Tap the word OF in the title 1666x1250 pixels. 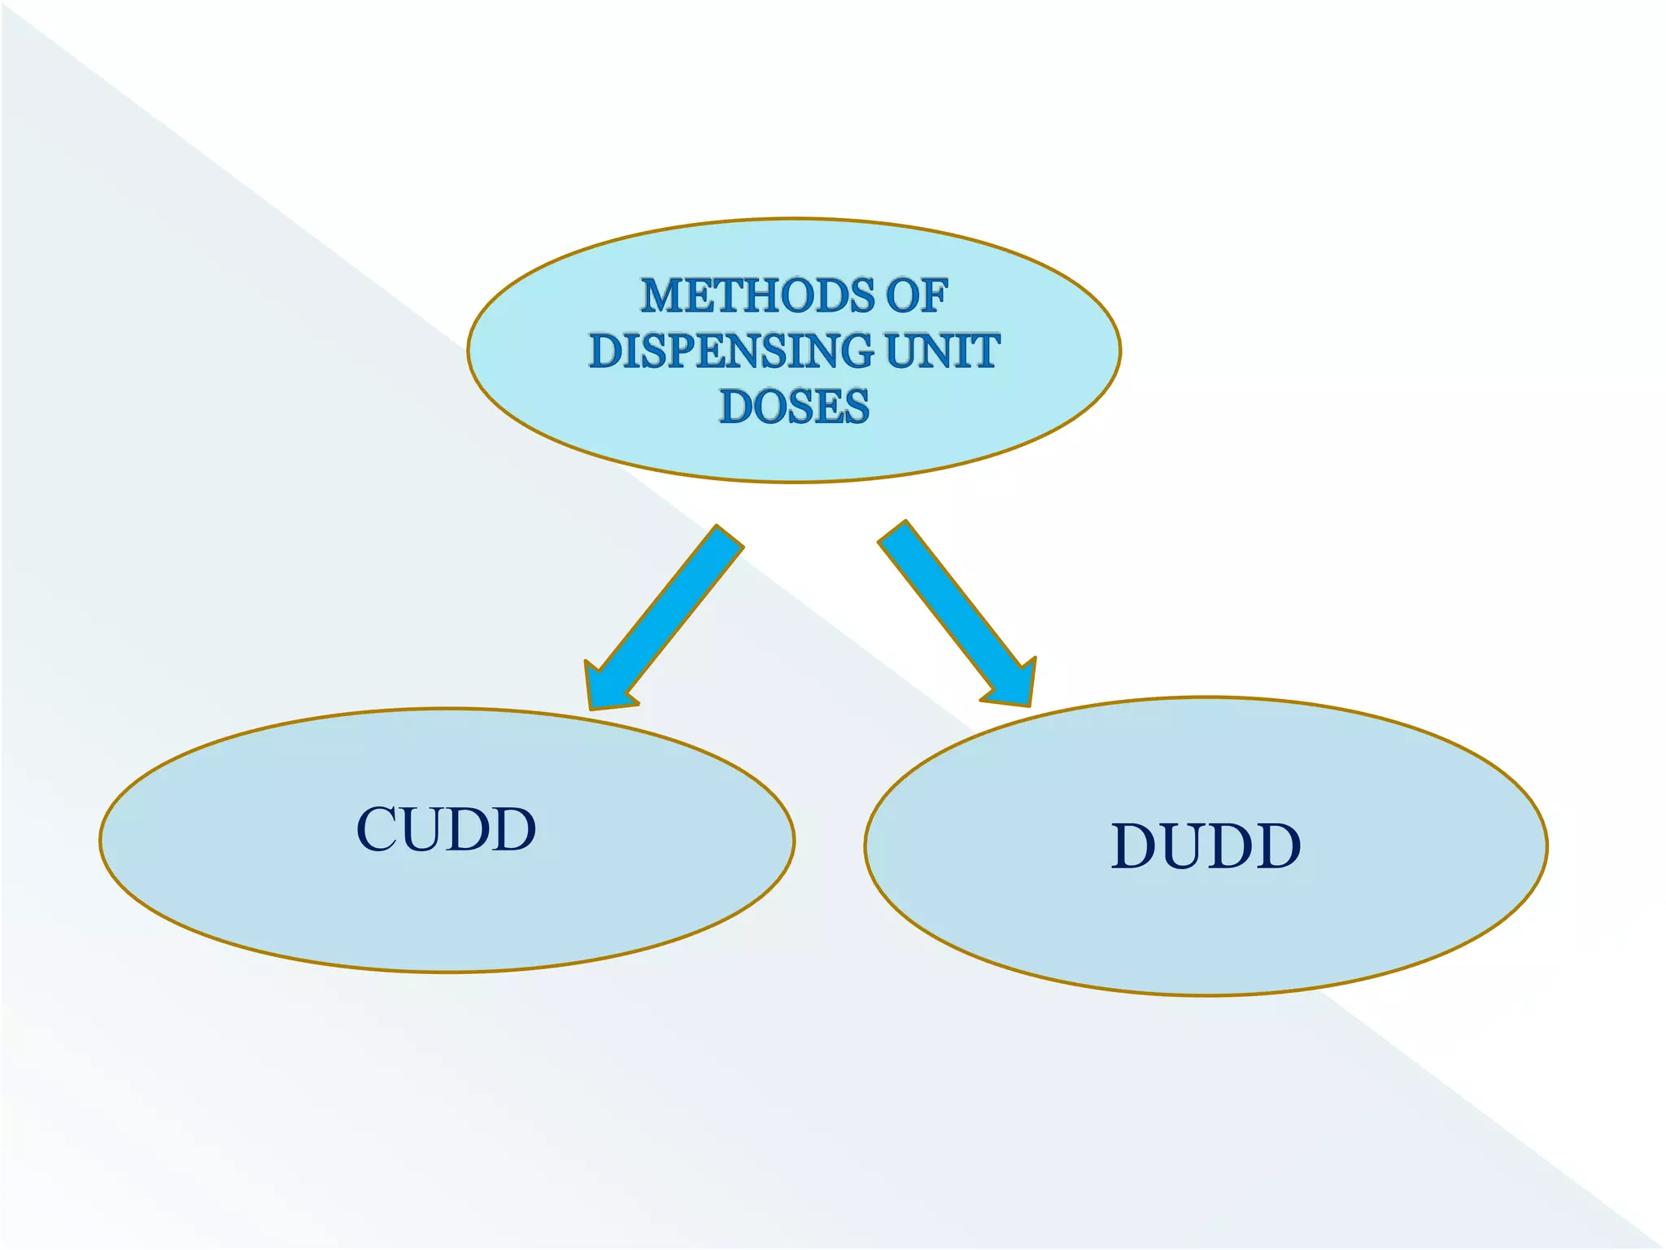917,295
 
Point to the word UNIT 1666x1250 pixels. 942,351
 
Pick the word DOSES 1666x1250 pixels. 794,406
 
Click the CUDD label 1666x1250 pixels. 447,830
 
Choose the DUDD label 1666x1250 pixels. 1206,847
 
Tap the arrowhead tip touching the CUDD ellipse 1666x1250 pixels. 592,706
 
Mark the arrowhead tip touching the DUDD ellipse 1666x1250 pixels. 1028,701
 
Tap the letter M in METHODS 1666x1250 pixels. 664,295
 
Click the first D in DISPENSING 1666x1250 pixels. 606,351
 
